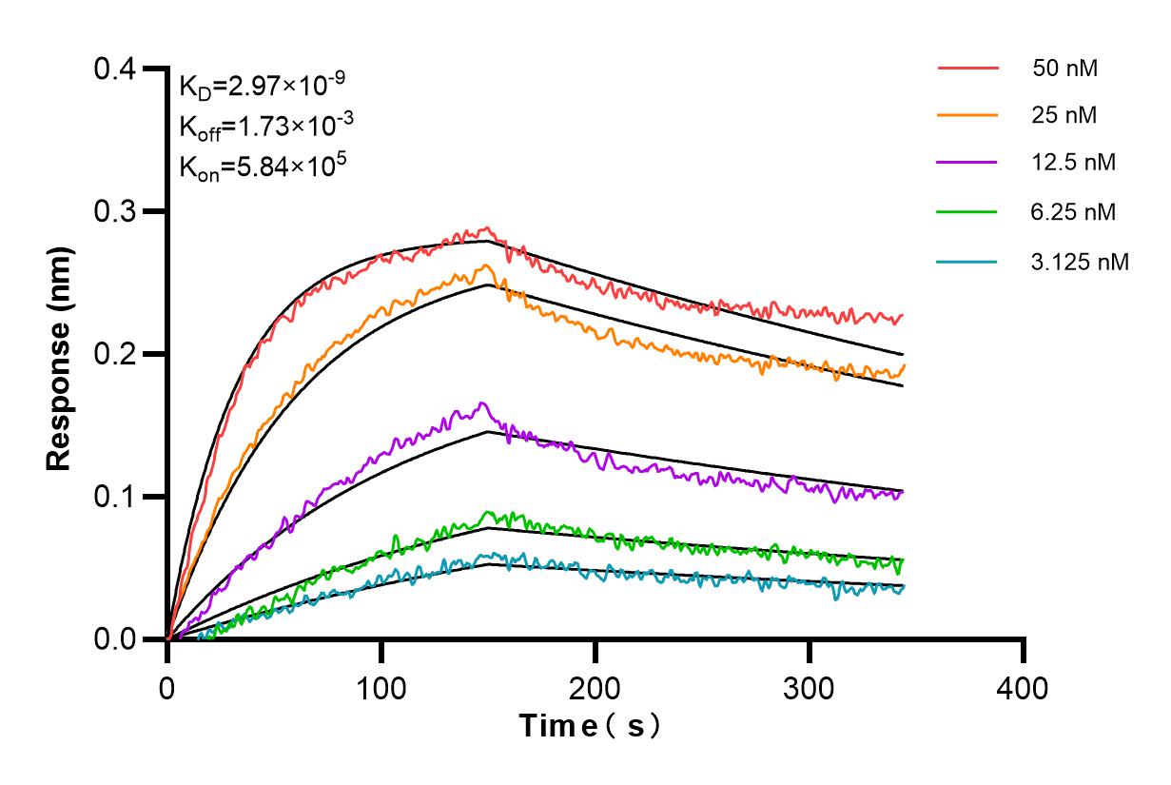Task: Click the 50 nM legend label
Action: click(x=1069, y=69)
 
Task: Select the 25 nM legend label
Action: click(x=1064, y=115)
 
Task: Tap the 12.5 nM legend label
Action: click(x=1073, y=162)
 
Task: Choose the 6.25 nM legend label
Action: click(x=1073, y=211)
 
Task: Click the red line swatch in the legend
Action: click(x=967, y=69)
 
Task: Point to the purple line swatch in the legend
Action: click(x=967, y=163)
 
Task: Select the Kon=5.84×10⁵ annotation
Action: click(x=249, y=167)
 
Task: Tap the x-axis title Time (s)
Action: click(x=590, y=726)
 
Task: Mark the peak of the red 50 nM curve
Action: click(x=487, y=227)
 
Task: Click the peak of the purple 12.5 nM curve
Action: click(x=482, y=402)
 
